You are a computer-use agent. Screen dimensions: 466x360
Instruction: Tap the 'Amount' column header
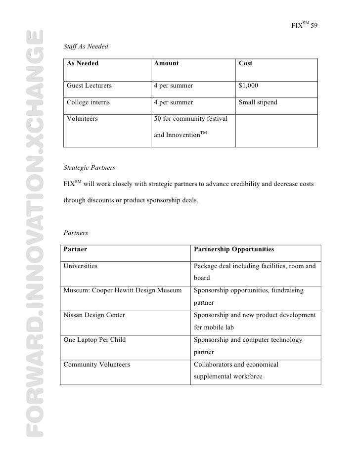point(166,64)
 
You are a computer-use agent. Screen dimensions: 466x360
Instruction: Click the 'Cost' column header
point(246,64)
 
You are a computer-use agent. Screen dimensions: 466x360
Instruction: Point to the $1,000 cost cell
point(248,86)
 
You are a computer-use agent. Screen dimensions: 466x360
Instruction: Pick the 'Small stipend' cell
point(258,102)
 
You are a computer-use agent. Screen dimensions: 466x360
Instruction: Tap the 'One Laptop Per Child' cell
point(94,340)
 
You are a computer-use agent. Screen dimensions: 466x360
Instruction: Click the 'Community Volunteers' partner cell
point(97,365)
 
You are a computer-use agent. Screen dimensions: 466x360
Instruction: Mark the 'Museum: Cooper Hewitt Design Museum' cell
point(123,290)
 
